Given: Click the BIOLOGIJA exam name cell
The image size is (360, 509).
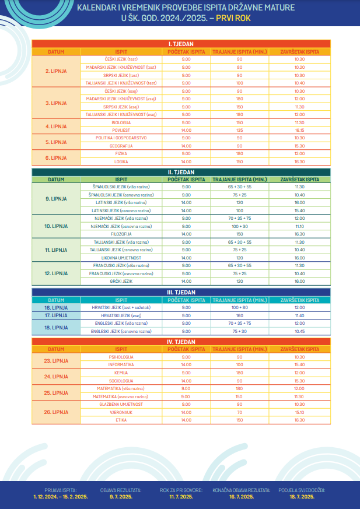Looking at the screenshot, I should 121,122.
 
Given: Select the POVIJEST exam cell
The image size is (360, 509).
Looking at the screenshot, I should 121,130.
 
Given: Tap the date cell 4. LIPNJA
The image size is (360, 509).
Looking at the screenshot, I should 56,126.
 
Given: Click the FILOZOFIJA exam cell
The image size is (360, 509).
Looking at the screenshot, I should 121,234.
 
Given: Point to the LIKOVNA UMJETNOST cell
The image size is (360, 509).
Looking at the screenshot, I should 121,257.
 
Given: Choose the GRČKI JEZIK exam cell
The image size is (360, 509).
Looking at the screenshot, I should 121,281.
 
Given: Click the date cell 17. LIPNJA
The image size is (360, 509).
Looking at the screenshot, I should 56,315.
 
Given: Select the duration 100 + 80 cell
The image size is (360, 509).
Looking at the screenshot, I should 239,307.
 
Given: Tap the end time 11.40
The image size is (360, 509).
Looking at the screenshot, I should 300,315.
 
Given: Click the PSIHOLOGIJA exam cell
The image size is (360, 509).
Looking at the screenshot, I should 121,357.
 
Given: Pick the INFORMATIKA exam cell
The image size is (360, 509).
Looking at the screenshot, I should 121,364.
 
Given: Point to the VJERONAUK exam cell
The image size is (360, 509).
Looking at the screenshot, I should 121,412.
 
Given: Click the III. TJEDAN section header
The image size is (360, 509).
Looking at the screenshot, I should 181,292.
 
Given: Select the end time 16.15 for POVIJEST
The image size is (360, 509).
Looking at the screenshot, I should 300,130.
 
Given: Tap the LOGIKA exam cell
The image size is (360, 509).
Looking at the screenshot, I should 121,162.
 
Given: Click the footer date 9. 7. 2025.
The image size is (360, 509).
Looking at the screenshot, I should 121,497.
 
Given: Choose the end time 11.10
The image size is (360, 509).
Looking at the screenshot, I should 300,226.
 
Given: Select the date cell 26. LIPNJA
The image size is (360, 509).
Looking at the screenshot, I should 56,412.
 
